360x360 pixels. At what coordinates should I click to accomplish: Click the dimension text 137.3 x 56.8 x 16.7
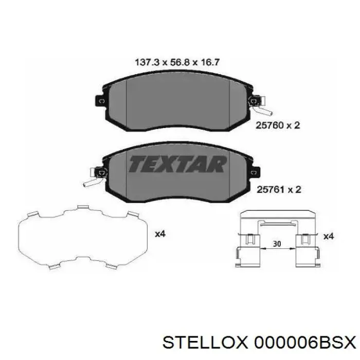coord(177,62)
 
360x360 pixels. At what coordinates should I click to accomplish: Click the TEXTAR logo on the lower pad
coord(177,164)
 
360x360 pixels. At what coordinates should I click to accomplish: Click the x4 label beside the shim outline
coord(159,234)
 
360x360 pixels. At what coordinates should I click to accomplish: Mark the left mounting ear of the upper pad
coord(99,102)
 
